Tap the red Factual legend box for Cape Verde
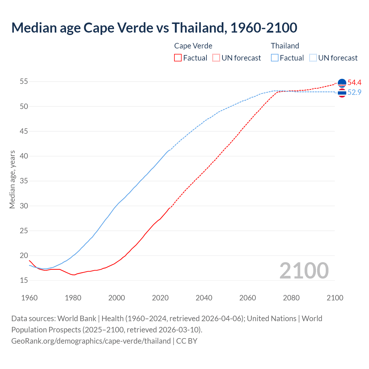coord(178,58)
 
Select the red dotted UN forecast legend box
coord(216,58)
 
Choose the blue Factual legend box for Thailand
coord(275,58)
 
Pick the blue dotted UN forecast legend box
coord(313,58)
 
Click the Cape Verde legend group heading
coord(193,46)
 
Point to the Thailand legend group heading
coord(285,46)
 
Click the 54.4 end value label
coord(354,83)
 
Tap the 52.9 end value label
coord(354,92)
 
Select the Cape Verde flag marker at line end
coord(342,83)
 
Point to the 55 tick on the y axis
coord(24,82)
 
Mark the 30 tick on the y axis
coord(24,206)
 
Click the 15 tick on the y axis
coord(24,280)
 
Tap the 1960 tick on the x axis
coord(29,298)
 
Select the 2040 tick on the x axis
coord(204,298)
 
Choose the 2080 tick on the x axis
coord(291,298)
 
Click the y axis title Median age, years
coord(12,179)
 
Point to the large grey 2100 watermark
coord(304,270)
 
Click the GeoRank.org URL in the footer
coord(91,341)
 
